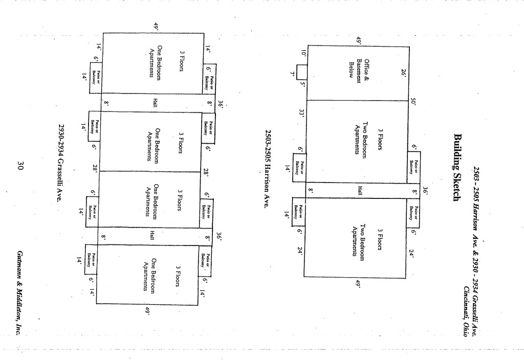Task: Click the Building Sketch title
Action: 457,167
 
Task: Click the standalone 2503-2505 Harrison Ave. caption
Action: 267,168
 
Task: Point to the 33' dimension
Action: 302,112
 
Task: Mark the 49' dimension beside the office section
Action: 359,40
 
